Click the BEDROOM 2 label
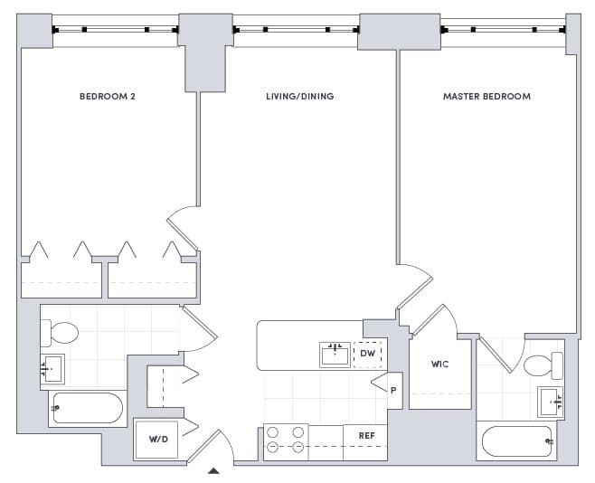(x=107, y=96)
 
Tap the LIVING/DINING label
(x=299, y=96)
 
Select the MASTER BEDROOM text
(x=486, y=96)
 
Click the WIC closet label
(x=439, y=365)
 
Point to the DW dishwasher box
(x=368, y=354)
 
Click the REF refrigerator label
(x=366, y=435)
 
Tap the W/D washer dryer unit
(x=158, y=440)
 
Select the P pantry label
(x=393, y=391)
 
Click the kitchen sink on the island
(x=335, y=354)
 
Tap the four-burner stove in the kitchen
(x=285, y=440)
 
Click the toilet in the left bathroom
(x=61, y=333)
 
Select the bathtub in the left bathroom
(x=87, y=409)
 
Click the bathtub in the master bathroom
(x=518, y=441)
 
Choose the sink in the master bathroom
(x=550, y=400)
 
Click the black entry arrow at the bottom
(x=213, y=470)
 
